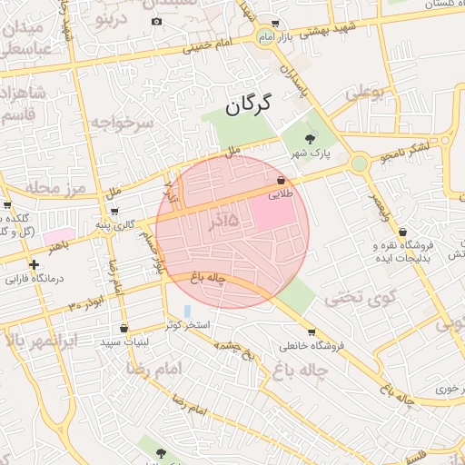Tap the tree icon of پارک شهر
[311, 139]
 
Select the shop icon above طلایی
[280, 181]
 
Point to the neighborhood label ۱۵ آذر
[217, 221]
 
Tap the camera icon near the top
[156, 21]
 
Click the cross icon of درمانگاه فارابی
[34, 265]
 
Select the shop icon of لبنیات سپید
[124, 328]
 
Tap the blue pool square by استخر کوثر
[187, 311]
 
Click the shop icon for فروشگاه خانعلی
[312, 331]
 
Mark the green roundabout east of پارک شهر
[360, 163]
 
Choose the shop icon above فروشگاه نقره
[402, 232]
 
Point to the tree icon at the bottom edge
[161, 452]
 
